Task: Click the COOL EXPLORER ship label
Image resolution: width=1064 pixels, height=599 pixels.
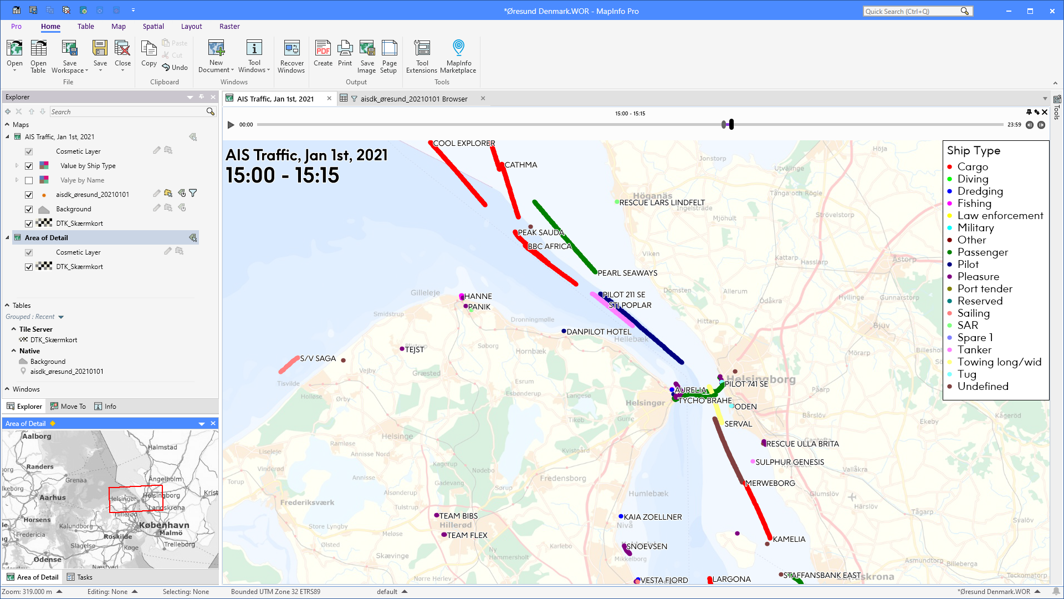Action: click(464, 143)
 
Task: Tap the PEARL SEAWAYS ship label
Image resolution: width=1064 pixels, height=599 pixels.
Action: click(627, 273)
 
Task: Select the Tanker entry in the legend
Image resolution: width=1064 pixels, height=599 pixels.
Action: click(974, 350)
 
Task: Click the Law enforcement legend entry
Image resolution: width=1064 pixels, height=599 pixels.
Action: click(1000, 216)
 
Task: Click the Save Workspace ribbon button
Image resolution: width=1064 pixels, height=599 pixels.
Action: click(69, 56)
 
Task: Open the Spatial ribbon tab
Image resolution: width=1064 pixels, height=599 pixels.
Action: click(153, 27)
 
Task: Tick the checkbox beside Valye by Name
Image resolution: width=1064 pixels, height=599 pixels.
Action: click(29, 180)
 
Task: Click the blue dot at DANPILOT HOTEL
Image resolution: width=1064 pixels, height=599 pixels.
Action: click(564, 331)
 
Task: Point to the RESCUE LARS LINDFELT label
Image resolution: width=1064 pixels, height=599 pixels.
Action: click(662, 202)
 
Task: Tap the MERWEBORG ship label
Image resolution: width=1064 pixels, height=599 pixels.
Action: click(770, 483)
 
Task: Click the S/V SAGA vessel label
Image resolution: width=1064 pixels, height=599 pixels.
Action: click(318, 358)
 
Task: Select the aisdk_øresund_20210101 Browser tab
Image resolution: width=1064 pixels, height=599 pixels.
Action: click(413, 99)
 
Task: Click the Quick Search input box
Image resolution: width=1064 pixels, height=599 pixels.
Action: click(912, 11)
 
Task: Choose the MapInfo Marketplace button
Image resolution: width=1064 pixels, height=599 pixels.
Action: click(458, 56)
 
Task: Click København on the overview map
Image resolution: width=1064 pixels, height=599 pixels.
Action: click(164, 525)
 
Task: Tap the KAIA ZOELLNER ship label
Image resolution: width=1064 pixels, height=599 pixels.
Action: click(653, 517)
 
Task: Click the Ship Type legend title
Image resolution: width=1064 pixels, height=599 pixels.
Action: click(973, 151)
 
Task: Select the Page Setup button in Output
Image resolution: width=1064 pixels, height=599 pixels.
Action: click(389, 56)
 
